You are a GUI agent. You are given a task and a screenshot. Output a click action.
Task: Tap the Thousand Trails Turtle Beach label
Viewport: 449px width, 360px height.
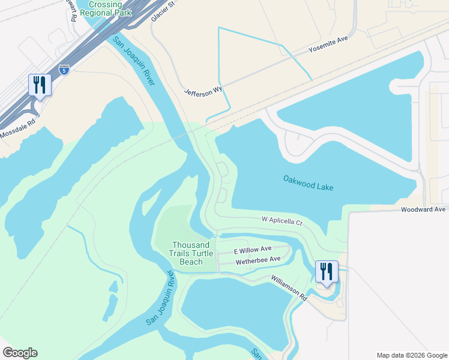pyautogui.click(x=191, y=253)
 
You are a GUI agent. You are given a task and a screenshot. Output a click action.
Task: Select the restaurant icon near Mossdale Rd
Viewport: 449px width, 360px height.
pyautogui.click(x=40, y=85)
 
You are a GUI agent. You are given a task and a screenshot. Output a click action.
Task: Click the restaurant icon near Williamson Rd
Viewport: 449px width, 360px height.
pyautogui.click(x=327, y=271)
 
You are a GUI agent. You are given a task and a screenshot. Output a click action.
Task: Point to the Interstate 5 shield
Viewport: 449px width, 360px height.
pyautogui.click(x=64, y=70)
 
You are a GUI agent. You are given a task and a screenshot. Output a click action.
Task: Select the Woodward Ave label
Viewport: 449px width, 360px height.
pyautogui.click(x=424, y=209)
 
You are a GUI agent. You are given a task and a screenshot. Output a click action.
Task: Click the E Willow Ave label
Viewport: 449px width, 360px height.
pyautogui.click(x=253, y=249)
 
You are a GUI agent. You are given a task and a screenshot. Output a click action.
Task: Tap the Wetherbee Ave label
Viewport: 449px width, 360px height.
pyautogui.click(x=258, y=259)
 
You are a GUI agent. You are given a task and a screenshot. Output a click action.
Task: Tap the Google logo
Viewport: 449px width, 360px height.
pyautogui.click(x=20, y=353)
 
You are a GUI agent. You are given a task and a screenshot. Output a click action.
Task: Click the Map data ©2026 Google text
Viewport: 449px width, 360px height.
pyautogui.click(x=411, y=355)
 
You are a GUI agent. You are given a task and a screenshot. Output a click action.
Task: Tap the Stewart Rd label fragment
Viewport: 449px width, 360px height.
pyautogui.click(x=74, y=11)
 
